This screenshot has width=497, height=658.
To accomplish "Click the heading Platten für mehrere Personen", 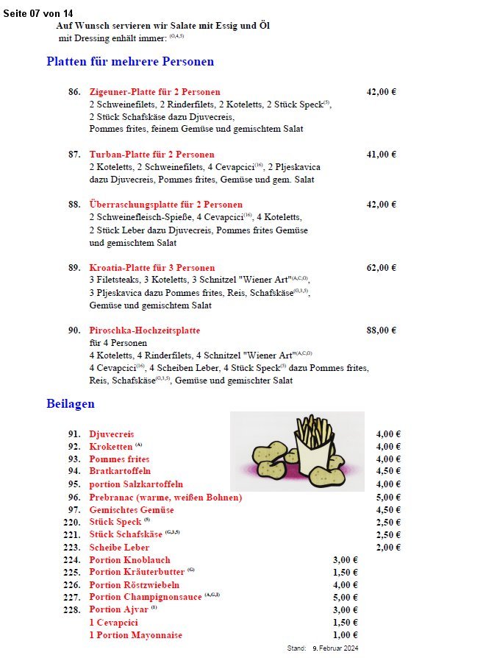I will [130, 62].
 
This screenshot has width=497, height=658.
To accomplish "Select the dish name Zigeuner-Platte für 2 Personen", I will [154, 92].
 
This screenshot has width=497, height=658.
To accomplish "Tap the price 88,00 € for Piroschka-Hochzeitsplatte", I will [381, 330].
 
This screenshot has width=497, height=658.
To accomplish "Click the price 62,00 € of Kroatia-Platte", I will [381, 268].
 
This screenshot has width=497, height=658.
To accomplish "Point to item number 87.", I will [74, 155].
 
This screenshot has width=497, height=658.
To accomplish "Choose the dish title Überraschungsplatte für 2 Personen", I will [165, 205].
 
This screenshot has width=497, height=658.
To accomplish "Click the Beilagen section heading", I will [71, 404].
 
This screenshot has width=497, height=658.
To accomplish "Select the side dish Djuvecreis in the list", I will [112, 434].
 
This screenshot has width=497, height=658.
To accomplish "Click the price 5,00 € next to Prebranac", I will [388, 498].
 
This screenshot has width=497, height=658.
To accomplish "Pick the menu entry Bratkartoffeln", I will [120, 471].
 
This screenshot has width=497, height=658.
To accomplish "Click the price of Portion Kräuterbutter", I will [345, 573].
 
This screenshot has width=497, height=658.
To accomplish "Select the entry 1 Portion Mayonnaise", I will [136, 635].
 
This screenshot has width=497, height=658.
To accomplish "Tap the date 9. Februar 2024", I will [335, 648].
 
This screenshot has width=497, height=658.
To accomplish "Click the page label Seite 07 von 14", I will [38, 13].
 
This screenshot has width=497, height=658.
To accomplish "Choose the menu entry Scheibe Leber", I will [119, 548].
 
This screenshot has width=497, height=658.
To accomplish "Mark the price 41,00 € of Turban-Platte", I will [381, 155].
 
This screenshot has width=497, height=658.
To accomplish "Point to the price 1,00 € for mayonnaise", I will [345, 635].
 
